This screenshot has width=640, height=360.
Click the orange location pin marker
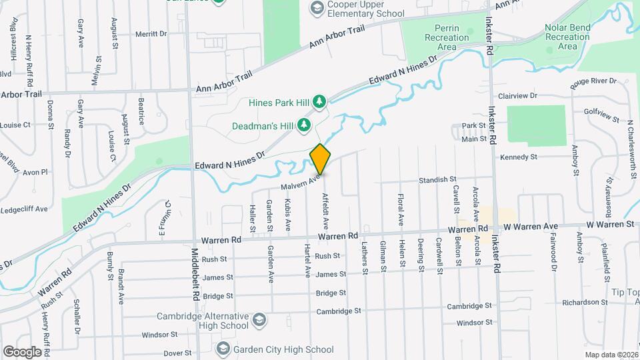coord(320,159)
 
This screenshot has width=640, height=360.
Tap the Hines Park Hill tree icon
coord(320,102)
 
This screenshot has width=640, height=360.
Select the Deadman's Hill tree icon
coord(304,125)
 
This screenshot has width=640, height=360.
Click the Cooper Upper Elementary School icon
coord(317,8)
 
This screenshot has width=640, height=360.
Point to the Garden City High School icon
coord(223,349)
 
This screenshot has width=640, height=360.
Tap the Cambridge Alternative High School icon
coord(258,321)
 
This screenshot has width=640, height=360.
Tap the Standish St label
coord(437,180)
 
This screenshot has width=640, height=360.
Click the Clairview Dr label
coord(517,96)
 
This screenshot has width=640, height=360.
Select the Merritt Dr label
coord(151,33)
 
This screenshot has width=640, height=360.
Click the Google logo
coord(22,352)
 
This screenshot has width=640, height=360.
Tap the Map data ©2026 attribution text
coord(611,355)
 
